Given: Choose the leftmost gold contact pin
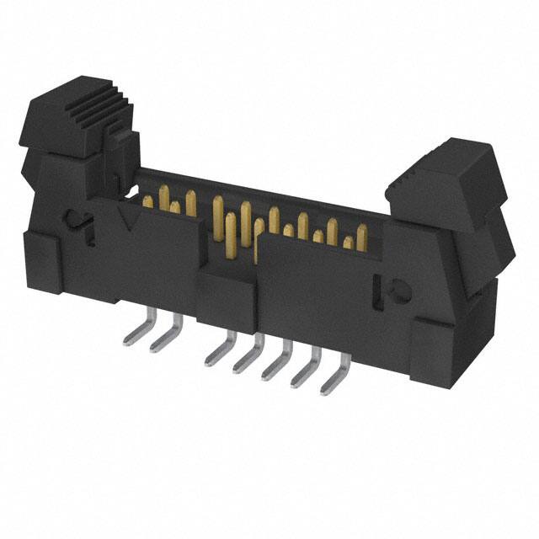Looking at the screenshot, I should pyautogui.click(x=148, y=200).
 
